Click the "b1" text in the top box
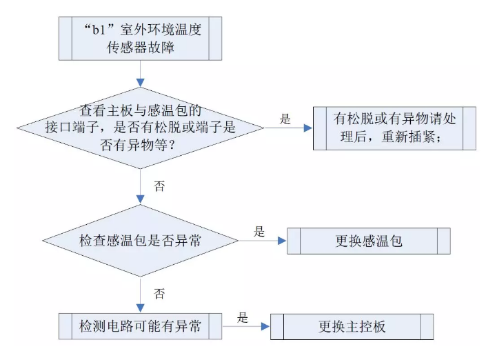tap(99, 30)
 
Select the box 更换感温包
tap(369, 241)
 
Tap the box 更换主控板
tap(352, 327)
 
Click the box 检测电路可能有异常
tap(140, 326)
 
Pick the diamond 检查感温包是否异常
tap(140, 241)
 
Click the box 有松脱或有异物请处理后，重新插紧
tap(394, 128)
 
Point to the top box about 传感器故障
tap(140, 39)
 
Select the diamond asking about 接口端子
tap(140, 128)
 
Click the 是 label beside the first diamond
tap(285, 119)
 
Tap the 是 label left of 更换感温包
tap(259, 232)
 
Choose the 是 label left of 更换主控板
tap(243, 317)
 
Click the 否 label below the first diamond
tap(159, 186)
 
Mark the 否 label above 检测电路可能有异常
tap(159, 294)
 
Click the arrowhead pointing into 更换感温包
tap(282, 241)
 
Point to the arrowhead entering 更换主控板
tap(265, 326)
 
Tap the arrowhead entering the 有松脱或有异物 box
tap(308, 128)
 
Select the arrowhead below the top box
tap(140, 83)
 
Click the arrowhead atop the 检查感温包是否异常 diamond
tap(140, 199)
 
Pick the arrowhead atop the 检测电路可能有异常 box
tap(140, 308)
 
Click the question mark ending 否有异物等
tap(172, 146)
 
